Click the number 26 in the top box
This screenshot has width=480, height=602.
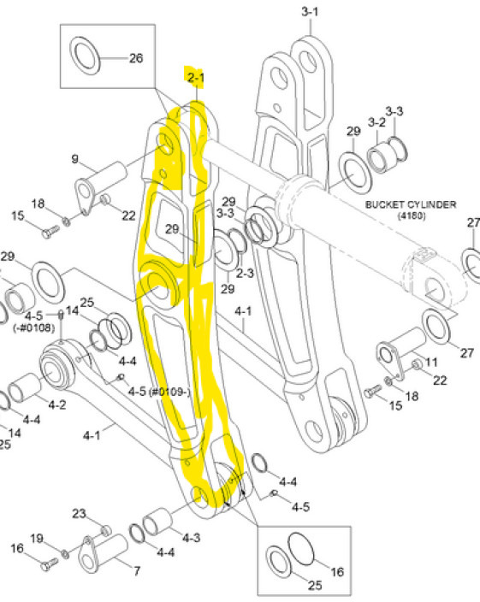135,58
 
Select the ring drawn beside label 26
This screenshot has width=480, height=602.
86,56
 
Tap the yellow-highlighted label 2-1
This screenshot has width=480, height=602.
196,78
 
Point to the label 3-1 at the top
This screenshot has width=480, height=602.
310,11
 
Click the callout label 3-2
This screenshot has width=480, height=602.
376,122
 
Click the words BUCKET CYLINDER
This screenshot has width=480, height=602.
411,204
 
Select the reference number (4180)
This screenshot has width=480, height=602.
411,216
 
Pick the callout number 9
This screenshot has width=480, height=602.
74,158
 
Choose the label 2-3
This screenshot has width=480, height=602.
245,273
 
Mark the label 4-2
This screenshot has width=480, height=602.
56,404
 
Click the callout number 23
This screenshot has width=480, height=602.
79,514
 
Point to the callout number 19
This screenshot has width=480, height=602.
37,538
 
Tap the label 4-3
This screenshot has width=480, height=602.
192,537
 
